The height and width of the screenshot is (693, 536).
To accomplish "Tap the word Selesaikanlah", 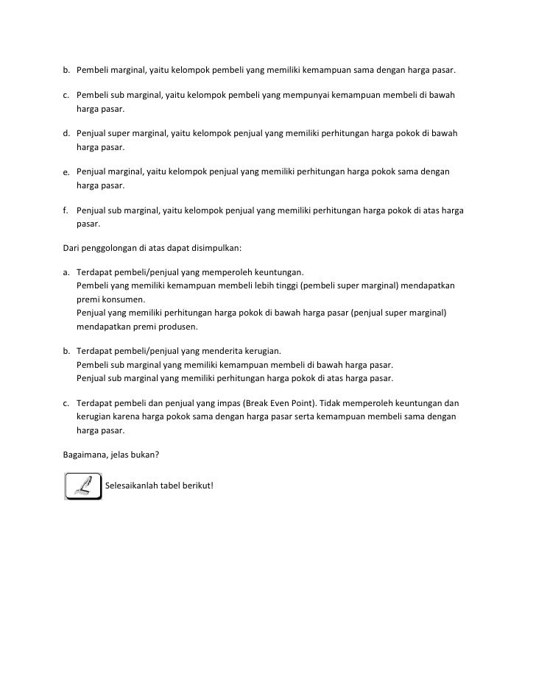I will click(x=135, y=486).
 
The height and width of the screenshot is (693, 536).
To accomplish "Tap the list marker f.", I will click(x=65, y=210).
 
